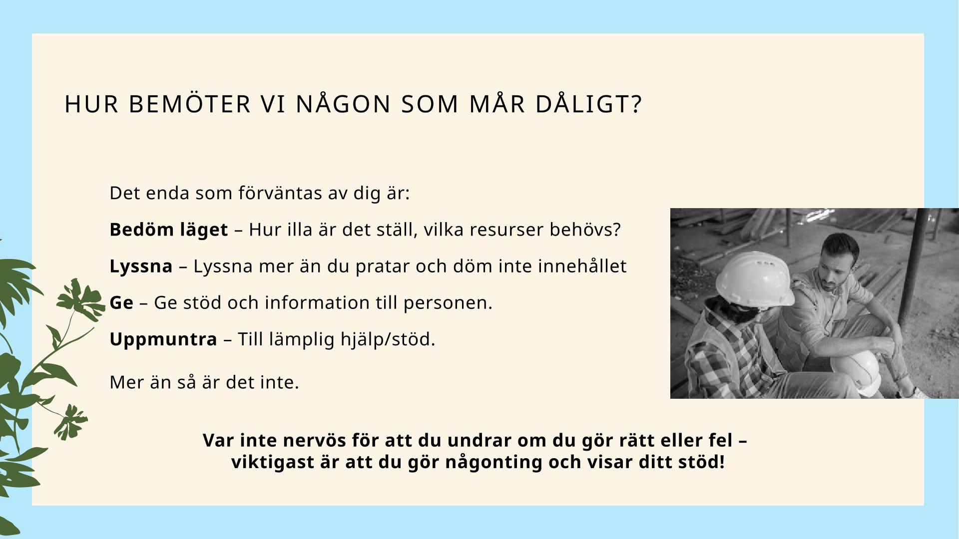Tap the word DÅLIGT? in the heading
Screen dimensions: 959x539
pos(588,104)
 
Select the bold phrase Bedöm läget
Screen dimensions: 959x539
pos(169,230)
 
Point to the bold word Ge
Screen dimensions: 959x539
pos(121,302)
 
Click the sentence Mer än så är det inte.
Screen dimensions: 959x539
pos(204,382)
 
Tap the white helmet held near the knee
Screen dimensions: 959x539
pos(856,372)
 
